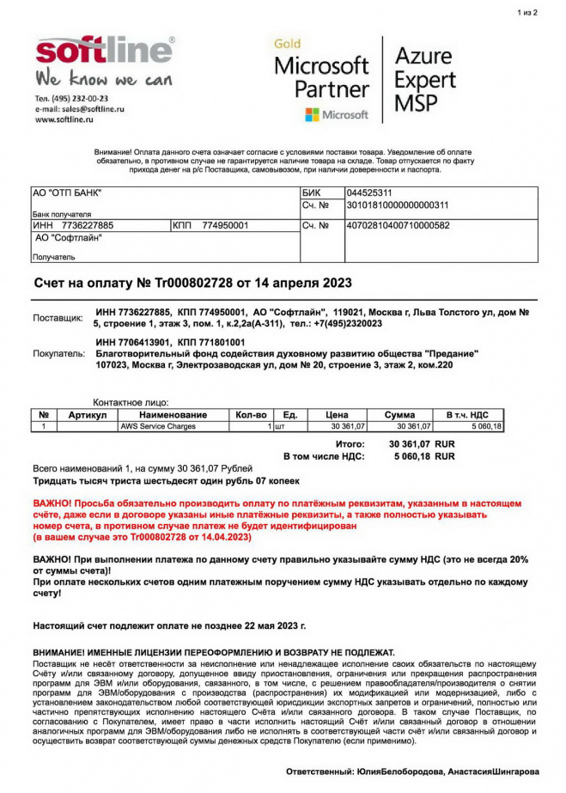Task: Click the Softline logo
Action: point(104,52)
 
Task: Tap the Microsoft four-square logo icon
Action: point(312,114)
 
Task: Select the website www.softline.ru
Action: point(64,120)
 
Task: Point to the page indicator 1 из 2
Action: point(527,13)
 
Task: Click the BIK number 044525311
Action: point(369,193)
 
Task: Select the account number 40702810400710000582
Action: point(398,225)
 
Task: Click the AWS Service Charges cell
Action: point(158,426)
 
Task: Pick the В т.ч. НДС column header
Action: point(468,415)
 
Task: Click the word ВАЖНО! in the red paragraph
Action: point(52,500)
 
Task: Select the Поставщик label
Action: point(58,318)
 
